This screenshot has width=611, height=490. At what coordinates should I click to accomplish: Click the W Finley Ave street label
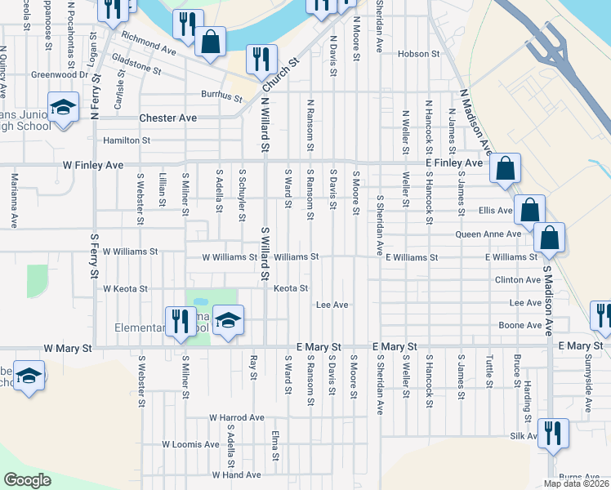tap(93, 165)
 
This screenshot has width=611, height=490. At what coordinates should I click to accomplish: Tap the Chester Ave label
tap(168, 118)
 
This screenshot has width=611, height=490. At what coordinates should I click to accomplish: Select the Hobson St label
tap(418, 54)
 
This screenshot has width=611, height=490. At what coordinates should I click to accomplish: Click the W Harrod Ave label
tap(237, 417)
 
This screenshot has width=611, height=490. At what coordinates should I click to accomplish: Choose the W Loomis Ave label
tap(190, 444)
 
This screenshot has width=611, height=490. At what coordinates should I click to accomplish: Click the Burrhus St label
tap(221, 97)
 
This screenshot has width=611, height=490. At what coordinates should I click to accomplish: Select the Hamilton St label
tap(126, 140)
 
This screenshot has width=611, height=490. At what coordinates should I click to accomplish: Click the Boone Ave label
tap(520, 325)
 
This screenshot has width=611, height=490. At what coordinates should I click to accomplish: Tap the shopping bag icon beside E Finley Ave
tap(505, 168)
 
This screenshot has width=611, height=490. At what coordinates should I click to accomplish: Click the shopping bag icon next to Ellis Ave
tap(529, 209)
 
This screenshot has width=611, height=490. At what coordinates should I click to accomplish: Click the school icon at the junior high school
tap(62, 108)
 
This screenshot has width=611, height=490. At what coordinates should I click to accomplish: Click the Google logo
tap(27, 479)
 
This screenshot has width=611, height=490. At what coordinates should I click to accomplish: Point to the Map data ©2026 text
tap(575, 483)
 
